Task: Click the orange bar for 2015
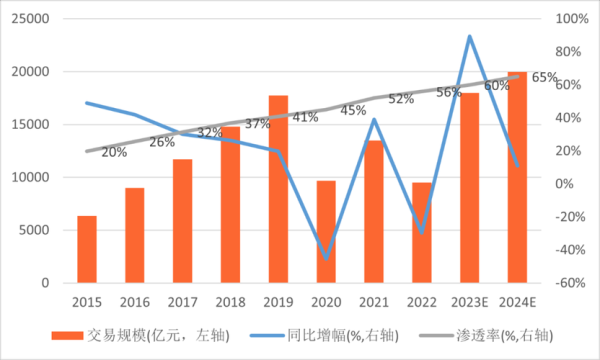point(87,250)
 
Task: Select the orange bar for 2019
point(278,190)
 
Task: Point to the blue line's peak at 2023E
point(470,37)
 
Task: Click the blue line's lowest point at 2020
point(326,258)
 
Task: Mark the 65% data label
point(544,77)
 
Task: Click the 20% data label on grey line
point(114,152)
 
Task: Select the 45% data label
point(353,110)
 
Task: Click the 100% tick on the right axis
point(570,19)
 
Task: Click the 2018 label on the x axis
point(230,301)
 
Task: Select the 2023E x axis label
point(470,301)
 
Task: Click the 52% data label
point(401,99)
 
